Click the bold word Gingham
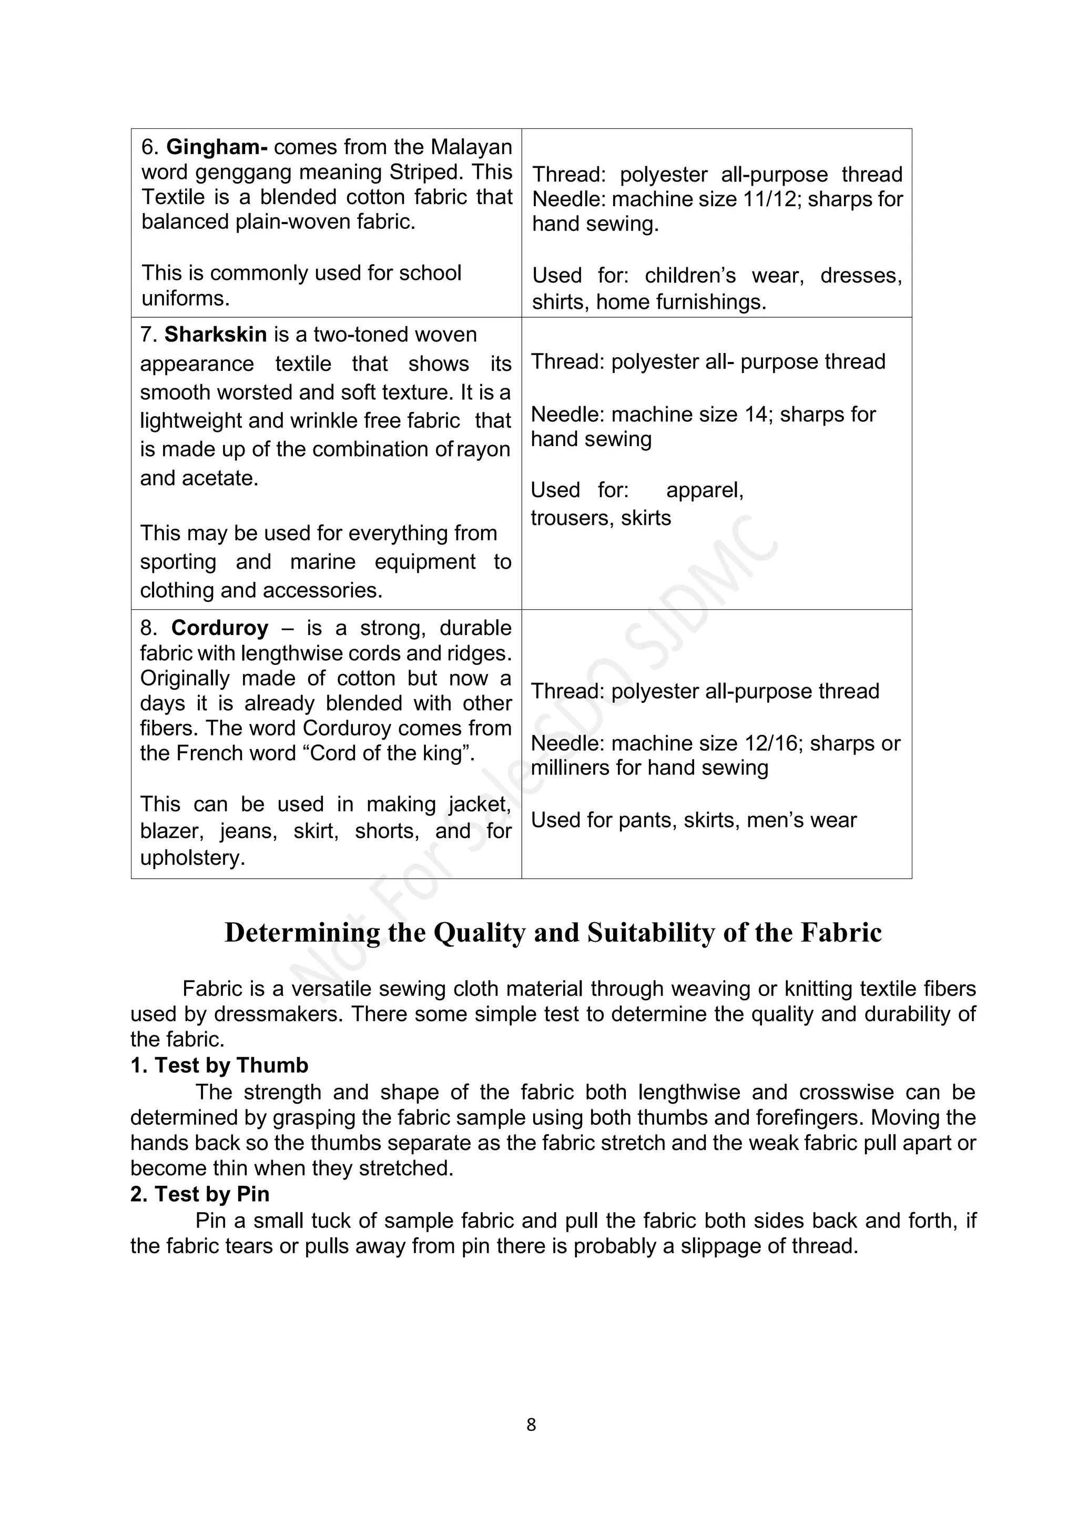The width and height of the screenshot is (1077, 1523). pos(212,147)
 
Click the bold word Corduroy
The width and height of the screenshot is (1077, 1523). pos(219,628)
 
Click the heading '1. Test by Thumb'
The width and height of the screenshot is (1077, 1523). pos(219,1065)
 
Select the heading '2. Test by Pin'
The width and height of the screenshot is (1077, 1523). pos(200,1194)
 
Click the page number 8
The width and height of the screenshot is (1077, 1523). pos(531,1424)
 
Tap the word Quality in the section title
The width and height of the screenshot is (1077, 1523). pos(480,933)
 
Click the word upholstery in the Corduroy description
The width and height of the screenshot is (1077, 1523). pos(192,858)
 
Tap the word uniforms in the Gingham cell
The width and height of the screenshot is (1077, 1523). pos(185,298)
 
